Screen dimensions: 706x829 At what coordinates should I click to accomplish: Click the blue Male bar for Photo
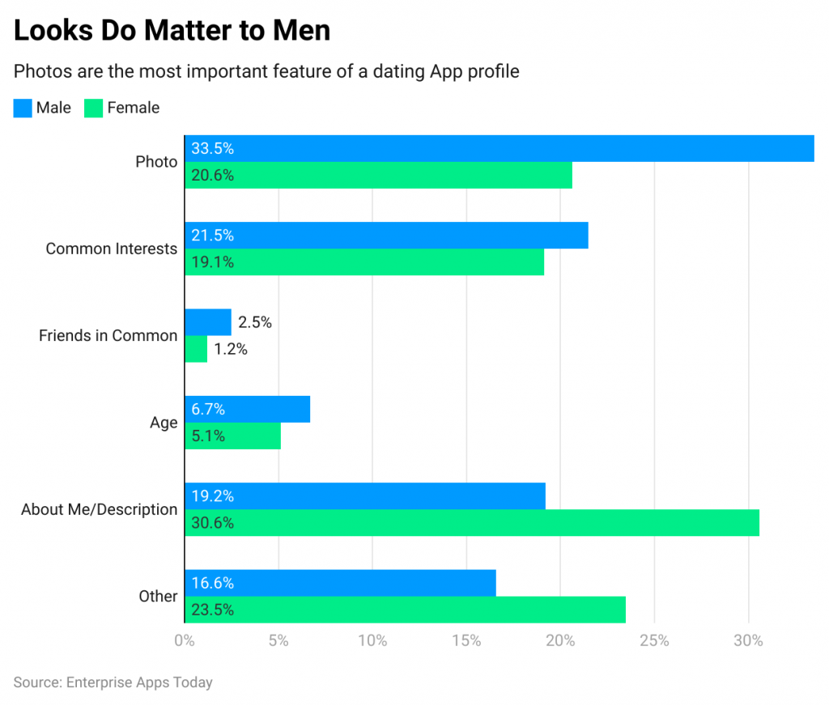pos(499,148)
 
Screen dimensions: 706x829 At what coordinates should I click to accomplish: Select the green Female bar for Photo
pos(378,175)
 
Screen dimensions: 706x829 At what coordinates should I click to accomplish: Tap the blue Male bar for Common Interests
pos(386,235)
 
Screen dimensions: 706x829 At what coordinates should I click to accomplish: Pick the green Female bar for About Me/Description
pos(472,523)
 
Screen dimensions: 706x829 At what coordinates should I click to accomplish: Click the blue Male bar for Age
pos(247,409)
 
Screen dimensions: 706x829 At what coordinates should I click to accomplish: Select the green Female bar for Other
pos(405,610)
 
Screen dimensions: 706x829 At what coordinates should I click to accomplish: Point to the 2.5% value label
pos(255,322)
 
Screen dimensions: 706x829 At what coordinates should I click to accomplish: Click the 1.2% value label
pos(231,349)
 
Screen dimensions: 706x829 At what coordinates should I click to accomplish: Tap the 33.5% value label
pos(212,148)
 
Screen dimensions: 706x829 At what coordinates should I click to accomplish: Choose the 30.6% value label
pos(212,523)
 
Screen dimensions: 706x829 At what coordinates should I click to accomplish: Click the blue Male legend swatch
pos(23,108)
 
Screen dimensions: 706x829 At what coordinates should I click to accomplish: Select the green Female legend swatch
pos(94,108)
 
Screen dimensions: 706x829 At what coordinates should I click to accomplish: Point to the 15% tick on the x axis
pos(466,641)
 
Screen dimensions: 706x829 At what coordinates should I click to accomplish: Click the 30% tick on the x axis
pos(748,641)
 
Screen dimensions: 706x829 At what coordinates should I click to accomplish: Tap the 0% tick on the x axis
pos(185,641)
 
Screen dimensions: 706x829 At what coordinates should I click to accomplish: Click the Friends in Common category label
pos(108,335)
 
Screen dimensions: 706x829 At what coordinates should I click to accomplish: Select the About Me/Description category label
pos(99,509)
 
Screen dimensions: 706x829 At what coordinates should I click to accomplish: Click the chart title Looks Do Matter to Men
pos(172,30)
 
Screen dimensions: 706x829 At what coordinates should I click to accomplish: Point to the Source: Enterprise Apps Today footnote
pos(113,683)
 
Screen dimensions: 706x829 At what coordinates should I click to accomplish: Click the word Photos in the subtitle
pos(41,71)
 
